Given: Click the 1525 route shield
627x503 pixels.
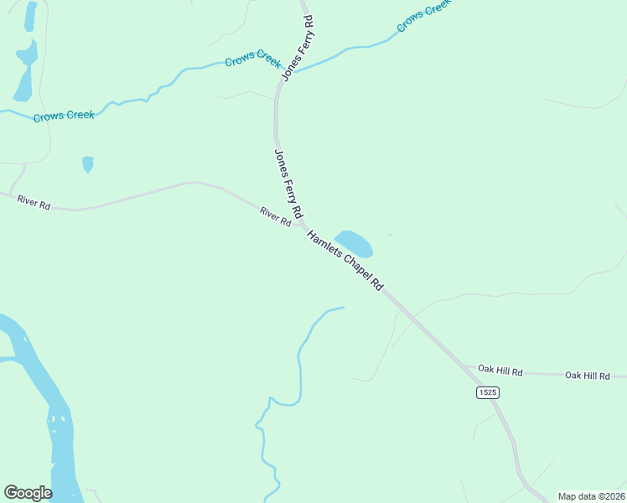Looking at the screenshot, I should tap(488, 392).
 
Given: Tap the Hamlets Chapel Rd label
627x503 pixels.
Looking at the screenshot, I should tap(345, 261).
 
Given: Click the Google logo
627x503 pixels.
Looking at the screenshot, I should tap(28, 493).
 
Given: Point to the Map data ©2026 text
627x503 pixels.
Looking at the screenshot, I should tap(591, 496).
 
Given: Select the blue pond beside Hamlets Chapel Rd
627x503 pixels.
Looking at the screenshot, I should tap(355, 243).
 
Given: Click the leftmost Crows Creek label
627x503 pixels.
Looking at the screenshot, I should tap(64, 116).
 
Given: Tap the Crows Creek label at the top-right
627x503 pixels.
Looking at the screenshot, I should tap(423, 15).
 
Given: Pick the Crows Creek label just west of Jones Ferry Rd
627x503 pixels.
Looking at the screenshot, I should tap(252, 59).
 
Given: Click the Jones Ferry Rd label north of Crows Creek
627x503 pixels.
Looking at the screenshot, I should tap(298, 48).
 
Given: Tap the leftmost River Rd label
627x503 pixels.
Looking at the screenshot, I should tap(34, 201).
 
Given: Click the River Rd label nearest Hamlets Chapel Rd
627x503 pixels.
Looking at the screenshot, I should tap(275, 216).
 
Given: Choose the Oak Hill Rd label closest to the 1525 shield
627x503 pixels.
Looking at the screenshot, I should tap(500, 370).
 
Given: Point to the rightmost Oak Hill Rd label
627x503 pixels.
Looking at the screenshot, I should tap(595, 376).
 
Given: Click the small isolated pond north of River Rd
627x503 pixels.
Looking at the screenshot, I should tap(88, 163).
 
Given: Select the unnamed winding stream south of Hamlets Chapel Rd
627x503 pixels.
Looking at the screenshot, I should tap(298, 360).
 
